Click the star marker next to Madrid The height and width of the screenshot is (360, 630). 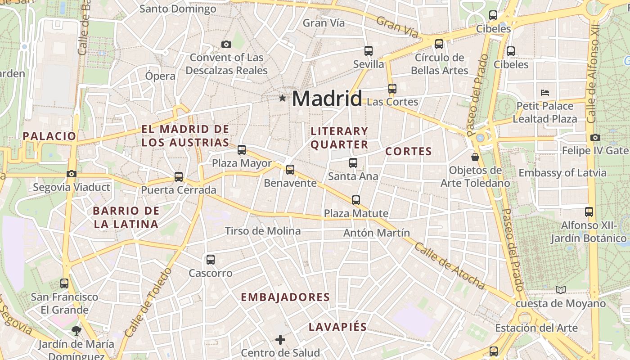click(x=282, y=98)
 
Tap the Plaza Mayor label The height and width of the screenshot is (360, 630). click(x=242, y=163)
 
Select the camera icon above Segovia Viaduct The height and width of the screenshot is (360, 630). click(x=71, y=174)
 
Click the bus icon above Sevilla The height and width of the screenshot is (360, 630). click(x=369, y=50)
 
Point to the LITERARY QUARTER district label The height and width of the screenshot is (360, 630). click(x=339, y=138)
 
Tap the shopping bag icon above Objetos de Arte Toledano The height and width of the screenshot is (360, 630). click(x=475, y=157)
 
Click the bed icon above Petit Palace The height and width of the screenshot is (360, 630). click(x=545, y=93)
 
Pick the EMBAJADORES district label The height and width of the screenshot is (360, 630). click(x=285, y=297)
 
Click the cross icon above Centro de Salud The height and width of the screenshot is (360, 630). click(x=280, y=339)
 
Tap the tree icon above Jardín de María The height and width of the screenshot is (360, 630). click(x=76, y=331)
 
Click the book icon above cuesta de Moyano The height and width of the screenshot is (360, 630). click(x=560, y=290)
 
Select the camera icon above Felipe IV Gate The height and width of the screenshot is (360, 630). click(x=595, y=137)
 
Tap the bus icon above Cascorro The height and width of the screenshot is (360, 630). click(x=211, y=259)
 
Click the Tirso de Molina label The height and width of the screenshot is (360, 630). click(x=263, y=231)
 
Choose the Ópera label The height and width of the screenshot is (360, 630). click(x=160, y=76)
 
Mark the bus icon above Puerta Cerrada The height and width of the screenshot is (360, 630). click(x=179, y=176)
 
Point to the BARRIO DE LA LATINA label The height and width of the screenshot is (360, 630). click(x=126, y=217)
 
